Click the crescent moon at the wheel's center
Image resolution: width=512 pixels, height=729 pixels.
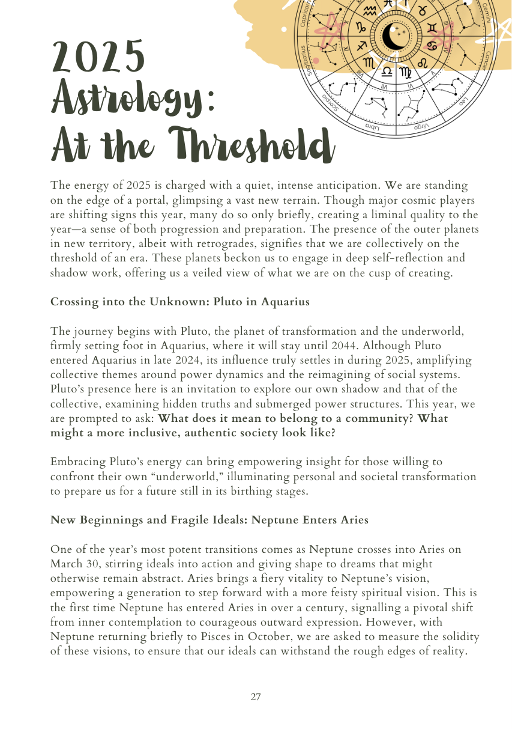point(396,37)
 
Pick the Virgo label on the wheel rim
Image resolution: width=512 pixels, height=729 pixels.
point(423,126)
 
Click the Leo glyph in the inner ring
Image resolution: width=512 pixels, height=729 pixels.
point(423,62)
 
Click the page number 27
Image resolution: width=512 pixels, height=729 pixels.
point(256,697)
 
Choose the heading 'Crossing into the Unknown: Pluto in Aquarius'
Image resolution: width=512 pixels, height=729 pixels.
point(180,302)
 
